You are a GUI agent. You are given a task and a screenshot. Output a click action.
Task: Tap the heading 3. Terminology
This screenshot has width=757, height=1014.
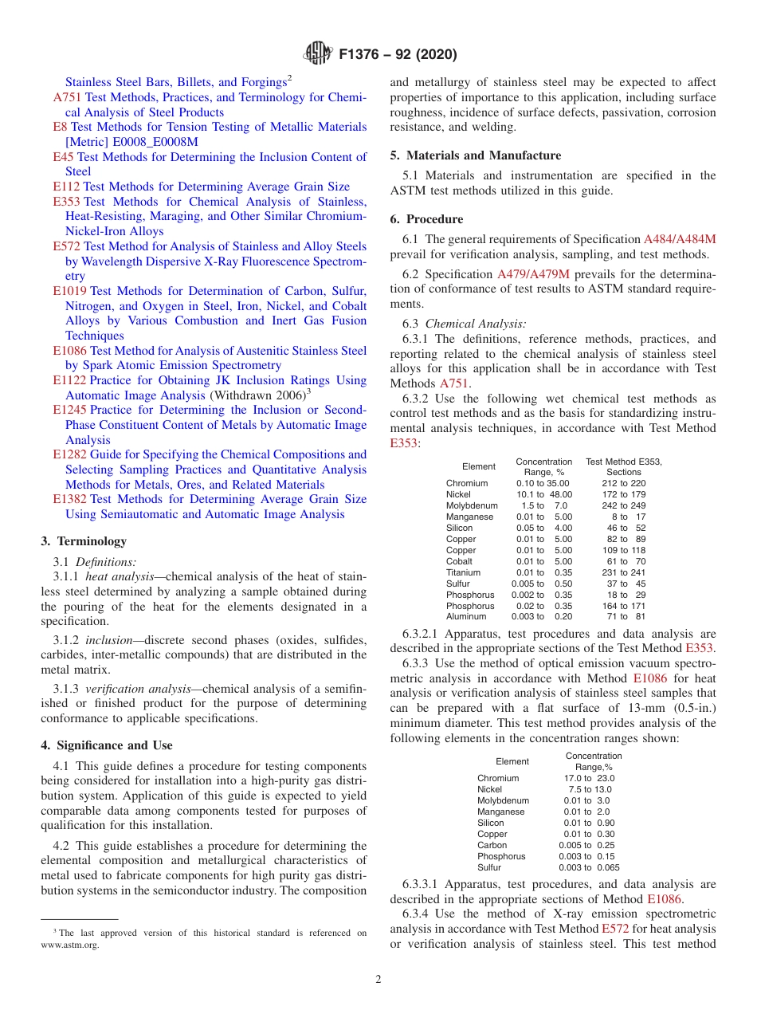point(84,541)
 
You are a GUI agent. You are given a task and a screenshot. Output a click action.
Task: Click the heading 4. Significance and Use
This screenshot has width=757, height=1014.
point(107,745)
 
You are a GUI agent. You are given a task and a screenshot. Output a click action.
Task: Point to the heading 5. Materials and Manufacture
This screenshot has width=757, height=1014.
point(476,155)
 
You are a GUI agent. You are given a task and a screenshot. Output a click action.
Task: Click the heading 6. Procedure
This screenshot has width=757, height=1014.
point(426,219)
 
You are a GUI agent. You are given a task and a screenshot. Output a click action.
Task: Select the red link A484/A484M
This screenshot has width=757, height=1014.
point(680,239)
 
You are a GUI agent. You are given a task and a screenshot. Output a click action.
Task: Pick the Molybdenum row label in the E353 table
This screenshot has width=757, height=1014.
point(472,505)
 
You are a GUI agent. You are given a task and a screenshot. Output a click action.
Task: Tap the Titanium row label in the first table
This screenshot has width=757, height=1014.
point(463,572)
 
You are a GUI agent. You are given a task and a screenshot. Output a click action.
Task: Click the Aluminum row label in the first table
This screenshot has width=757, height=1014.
point(465,617)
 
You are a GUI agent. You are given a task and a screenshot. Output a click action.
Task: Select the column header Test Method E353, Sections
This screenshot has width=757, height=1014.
point(623,467)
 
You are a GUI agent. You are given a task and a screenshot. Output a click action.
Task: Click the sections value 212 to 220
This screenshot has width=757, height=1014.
point(624,483)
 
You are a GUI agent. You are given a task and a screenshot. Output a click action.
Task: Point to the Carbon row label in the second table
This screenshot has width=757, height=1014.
point(492,845)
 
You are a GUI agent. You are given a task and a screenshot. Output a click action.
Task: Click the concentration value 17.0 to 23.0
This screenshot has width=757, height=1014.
point(589,778)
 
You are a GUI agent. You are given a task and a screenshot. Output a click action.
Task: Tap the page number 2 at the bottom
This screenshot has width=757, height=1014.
point(378,980)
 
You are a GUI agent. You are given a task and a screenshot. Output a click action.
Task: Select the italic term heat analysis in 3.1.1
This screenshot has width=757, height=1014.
point(120,576)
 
